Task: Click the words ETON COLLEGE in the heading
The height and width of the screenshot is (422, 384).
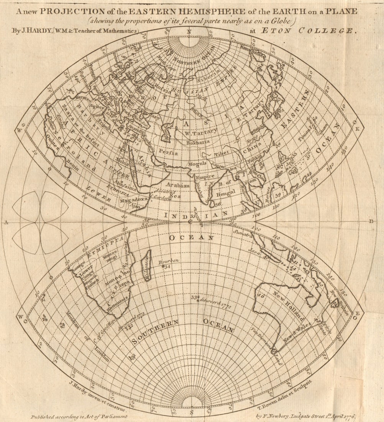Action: click(x=308, y=31)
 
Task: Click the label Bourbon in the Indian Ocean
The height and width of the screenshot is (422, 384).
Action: click(x=168, y=261)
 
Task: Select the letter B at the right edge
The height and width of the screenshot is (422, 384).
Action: click(x=371, y=221)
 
